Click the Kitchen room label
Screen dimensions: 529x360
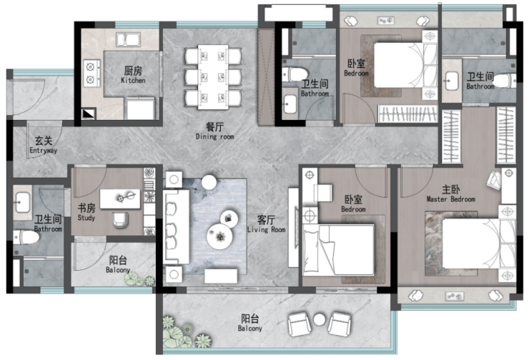click(133, 75)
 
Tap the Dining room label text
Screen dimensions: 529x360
click(214, 131)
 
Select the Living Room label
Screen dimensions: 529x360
click(266, 224)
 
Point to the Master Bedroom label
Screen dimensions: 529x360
click(451, 194)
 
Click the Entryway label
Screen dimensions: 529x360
click(44, 145)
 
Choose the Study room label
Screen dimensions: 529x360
click(86, 212)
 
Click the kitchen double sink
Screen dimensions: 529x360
click(128, 40)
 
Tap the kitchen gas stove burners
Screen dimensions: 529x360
click(91, 73)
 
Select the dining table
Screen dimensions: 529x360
click(213, 77)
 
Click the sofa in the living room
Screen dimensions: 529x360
click(176, 226)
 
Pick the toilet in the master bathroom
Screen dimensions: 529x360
click(505, 81)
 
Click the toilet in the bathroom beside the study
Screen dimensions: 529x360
click(26, 237)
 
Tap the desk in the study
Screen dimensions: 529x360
click(120, 199)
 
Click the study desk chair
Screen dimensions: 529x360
click(120, 220)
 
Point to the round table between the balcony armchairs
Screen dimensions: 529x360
click(319, 319)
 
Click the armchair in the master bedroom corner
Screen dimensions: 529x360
click(494, 180)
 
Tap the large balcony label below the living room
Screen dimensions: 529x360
click(250, 323)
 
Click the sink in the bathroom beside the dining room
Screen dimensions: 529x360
click(290, 104)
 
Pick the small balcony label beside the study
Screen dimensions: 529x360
click(118, 264)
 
